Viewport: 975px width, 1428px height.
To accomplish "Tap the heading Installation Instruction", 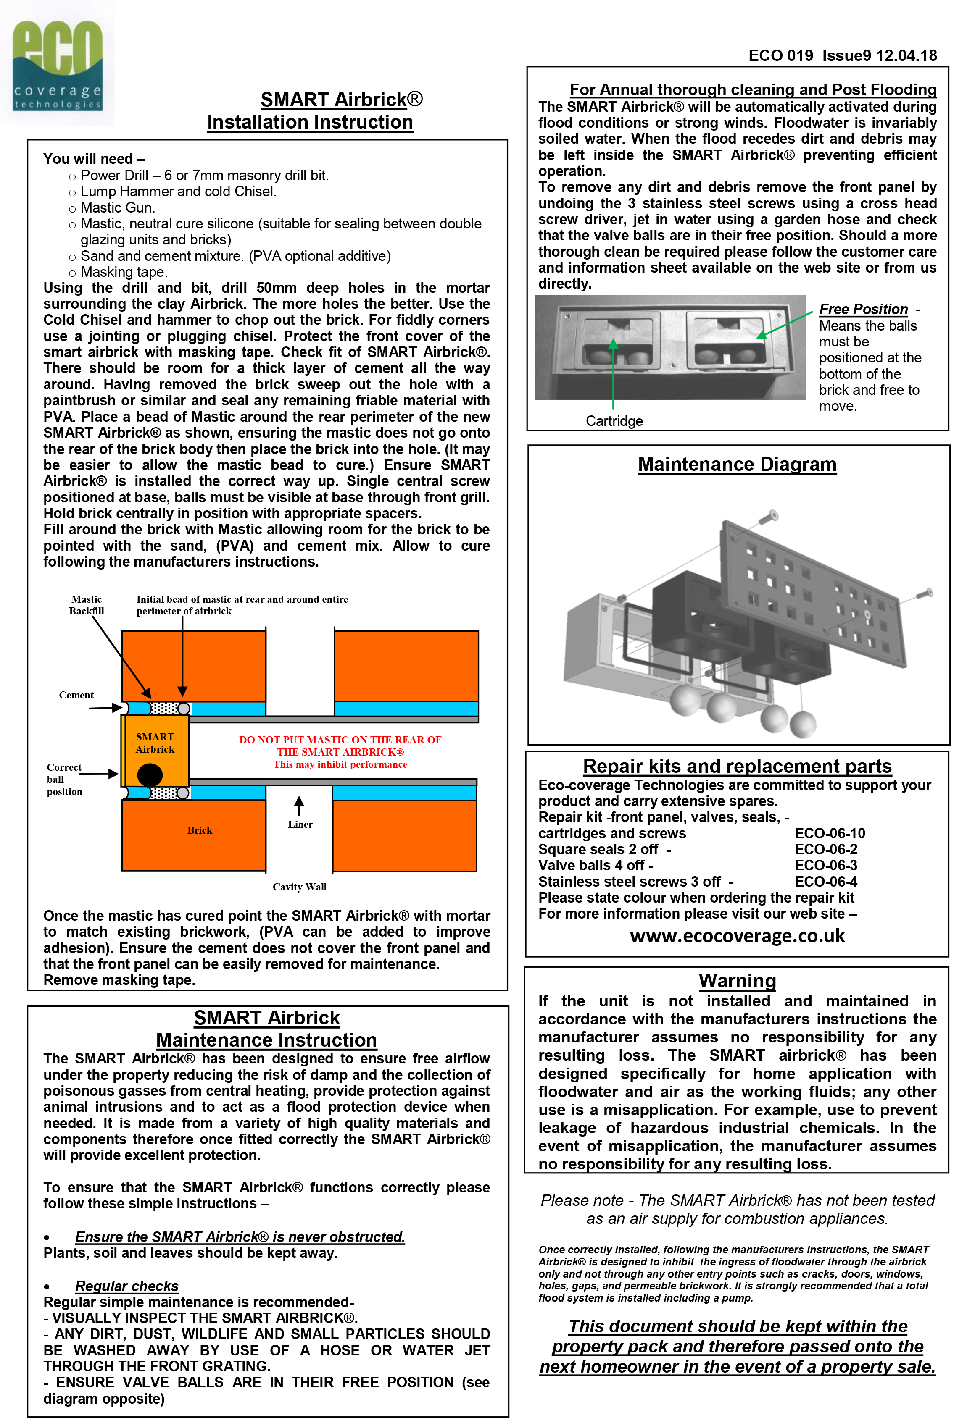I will (x=310, y=122).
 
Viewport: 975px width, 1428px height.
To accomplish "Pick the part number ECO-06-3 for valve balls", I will (x=826, y=865).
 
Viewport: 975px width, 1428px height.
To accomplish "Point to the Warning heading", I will (x=737, y=981).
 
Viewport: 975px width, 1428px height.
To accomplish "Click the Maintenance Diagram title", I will (x=737, y=465).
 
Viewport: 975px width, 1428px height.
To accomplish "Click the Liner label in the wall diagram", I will (x=300, y=824).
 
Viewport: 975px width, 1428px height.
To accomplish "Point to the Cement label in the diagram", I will (x=76, y=695).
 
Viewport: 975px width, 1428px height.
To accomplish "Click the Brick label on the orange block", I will (x=200, y=830).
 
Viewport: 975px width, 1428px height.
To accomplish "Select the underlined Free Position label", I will (x=863, y=309).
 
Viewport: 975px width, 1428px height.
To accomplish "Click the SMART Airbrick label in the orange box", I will (x=155, y=743).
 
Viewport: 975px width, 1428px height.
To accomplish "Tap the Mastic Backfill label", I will (x=87, y=605).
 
